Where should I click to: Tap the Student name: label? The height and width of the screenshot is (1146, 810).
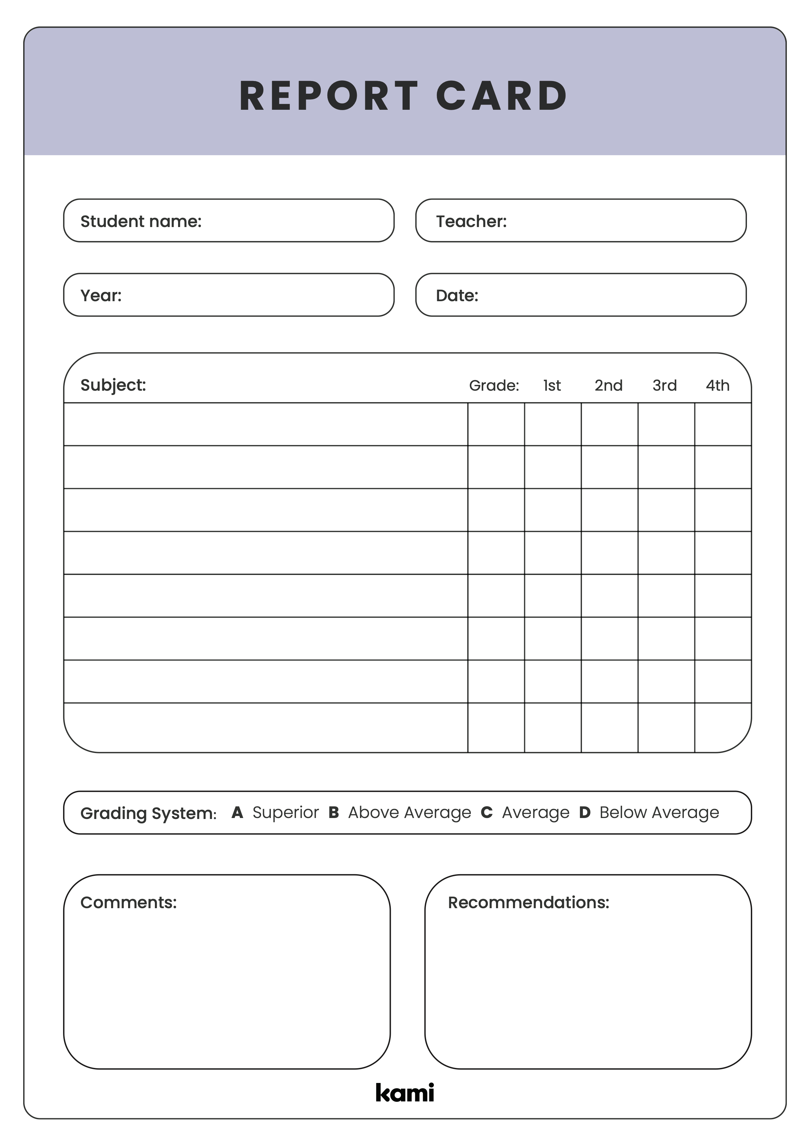click(141, 221)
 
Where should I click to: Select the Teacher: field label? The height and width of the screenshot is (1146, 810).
click(471, 221)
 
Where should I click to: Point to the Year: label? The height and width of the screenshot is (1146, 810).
click(101, 296)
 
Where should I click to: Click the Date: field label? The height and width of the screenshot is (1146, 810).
click(457, 296)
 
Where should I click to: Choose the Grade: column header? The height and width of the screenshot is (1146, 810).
click(494, 385)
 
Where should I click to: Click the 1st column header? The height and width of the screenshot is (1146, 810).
click(552, 385)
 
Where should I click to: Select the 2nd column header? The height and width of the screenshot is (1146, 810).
click(608, 385)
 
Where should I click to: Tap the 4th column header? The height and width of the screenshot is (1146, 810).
click(717, 385)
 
